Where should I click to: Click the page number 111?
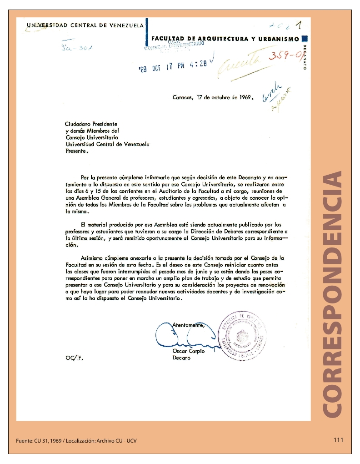click(x=338, y=440)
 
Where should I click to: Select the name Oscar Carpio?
click(x=189, y=351)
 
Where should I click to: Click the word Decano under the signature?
click(x=182, y=358)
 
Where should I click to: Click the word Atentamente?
click(x=189, y=325)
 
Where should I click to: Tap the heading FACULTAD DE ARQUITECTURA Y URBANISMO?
click(x=225, y=39)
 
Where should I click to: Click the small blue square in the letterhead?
click(x=305, y=39)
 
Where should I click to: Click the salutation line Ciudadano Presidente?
click(x=91, y=124)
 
